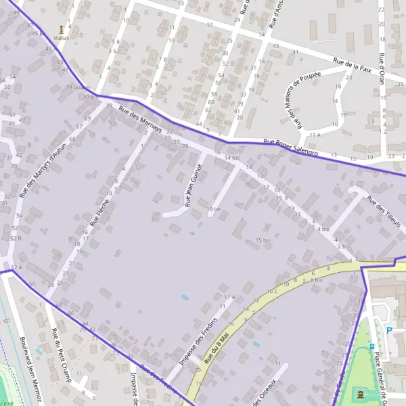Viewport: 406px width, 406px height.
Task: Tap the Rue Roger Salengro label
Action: coord(290,148)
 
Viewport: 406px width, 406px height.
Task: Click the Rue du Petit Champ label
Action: coord(60,355)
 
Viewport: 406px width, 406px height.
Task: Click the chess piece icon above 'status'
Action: coord(62,29)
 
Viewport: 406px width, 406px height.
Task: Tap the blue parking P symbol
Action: coord(388,330)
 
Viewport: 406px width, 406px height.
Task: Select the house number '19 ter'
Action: coord(214,209)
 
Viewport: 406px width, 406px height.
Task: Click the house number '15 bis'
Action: coord(263,240)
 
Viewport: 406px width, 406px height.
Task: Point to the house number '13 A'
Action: coord(315,135)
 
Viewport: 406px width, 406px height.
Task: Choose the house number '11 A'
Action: coord(229,296)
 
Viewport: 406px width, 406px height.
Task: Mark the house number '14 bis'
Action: coord(232,158)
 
